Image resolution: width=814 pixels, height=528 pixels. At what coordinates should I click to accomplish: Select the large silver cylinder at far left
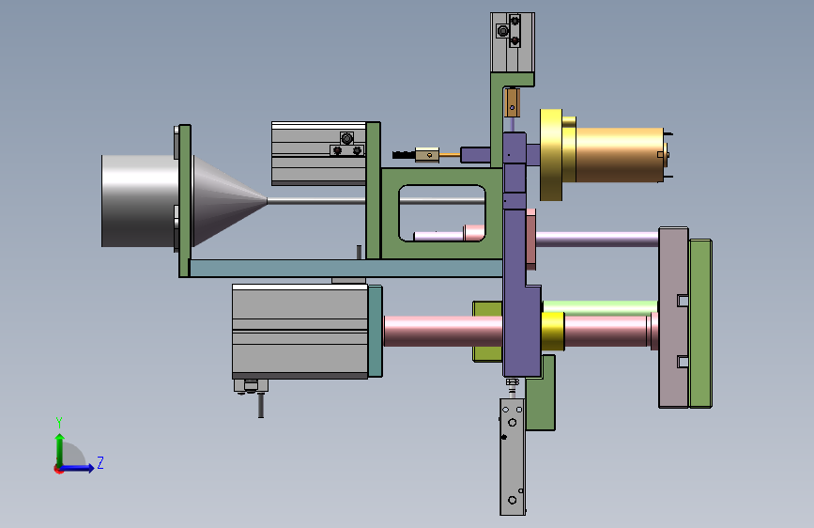pos(139,201)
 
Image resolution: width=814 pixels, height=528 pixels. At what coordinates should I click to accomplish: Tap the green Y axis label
pos(59,422)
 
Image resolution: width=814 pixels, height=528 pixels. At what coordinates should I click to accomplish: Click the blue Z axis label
pos(100,462)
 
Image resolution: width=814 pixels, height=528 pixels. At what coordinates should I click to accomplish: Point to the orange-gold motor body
pos(619,155)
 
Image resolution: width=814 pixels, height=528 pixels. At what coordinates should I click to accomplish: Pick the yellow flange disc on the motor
pos(551,155)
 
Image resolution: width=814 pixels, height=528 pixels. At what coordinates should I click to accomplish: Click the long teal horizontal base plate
pos(346,268)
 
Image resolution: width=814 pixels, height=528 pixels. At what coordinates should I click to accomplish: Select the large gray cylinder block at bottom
pos(300,331)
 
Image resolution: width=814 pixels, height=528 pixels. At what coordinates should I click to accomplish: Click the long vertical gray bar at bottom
pos(513,457)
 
